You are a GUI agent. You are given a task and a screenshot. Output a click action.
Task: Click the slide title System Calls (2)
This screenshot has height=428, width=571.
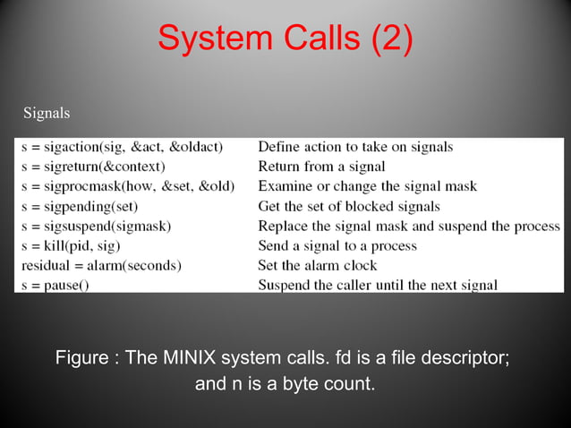285,39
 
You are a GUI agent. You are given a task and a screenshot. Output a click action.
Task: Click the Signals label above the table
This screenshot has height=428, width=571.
47,114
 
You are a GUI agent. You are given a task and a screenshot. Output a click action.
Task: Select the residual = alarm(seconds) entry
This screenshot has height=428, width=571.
101,265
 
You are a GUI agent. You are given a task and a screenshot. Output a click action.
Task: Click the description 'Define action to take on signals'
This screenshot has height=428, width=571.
355,147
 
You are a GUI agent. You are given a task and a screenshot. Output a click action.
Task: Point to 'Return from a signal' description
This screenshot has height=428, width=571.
321,167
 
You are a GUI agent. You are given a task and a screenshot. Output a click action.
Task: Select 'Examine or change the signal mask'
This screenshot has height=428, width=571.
367,186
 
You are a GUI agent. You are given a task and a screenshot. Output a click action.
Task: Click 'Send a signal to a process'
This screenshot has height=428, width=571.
337,245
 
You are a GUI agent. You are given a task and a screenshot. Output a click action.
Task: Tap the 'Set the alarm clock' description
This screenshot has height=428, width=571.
317,265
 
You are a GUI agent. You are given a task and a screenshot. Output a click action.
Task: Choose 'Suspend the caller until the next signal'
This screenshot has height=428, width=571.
378,285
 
